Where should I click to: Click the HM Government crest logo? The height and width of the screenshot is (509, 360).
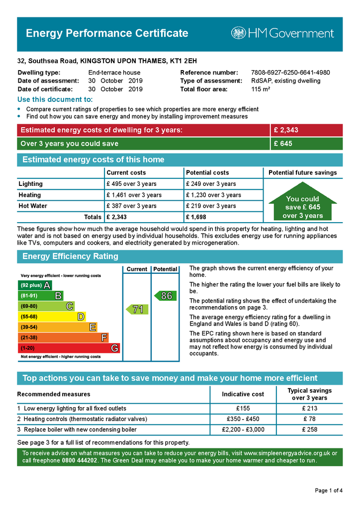[x=238, y=33]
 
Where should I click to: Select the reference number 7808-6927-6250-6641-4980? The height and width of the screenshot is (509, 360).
[x=290, y=73]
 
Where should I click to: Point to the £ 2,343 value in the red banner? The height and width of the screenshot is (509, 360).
[x=286, y=130]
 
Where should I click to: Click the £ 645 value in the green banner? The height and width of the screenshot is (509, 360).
[x=283, y=144]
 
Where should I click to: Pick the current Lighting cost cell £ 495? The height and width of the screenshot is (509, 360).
[x=131, y=184]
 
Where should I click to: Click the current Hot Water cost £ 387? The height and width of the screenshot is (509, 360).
[x=131, y=206]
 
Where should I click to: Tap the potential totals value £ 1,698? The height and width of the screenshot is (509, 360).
[x=196, y=217]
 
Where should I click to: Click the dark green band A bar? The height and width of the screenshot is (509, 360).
[x=34, y=285]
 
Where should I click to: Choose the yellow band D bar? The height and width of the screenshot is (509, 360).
[x=52, y=317]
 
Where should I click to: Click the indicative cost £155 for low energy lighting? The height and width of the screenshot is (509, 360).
[x=243, y=409]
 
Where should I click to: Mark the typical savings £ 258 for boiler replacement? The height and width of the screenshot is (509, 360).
[x=309, y=429]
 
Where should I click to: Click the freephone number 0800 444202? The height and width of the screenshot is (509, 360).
[x=80, y=461]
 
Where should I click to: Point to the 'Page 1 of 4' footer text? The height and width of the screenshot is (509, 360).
[x=329, y=491]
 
